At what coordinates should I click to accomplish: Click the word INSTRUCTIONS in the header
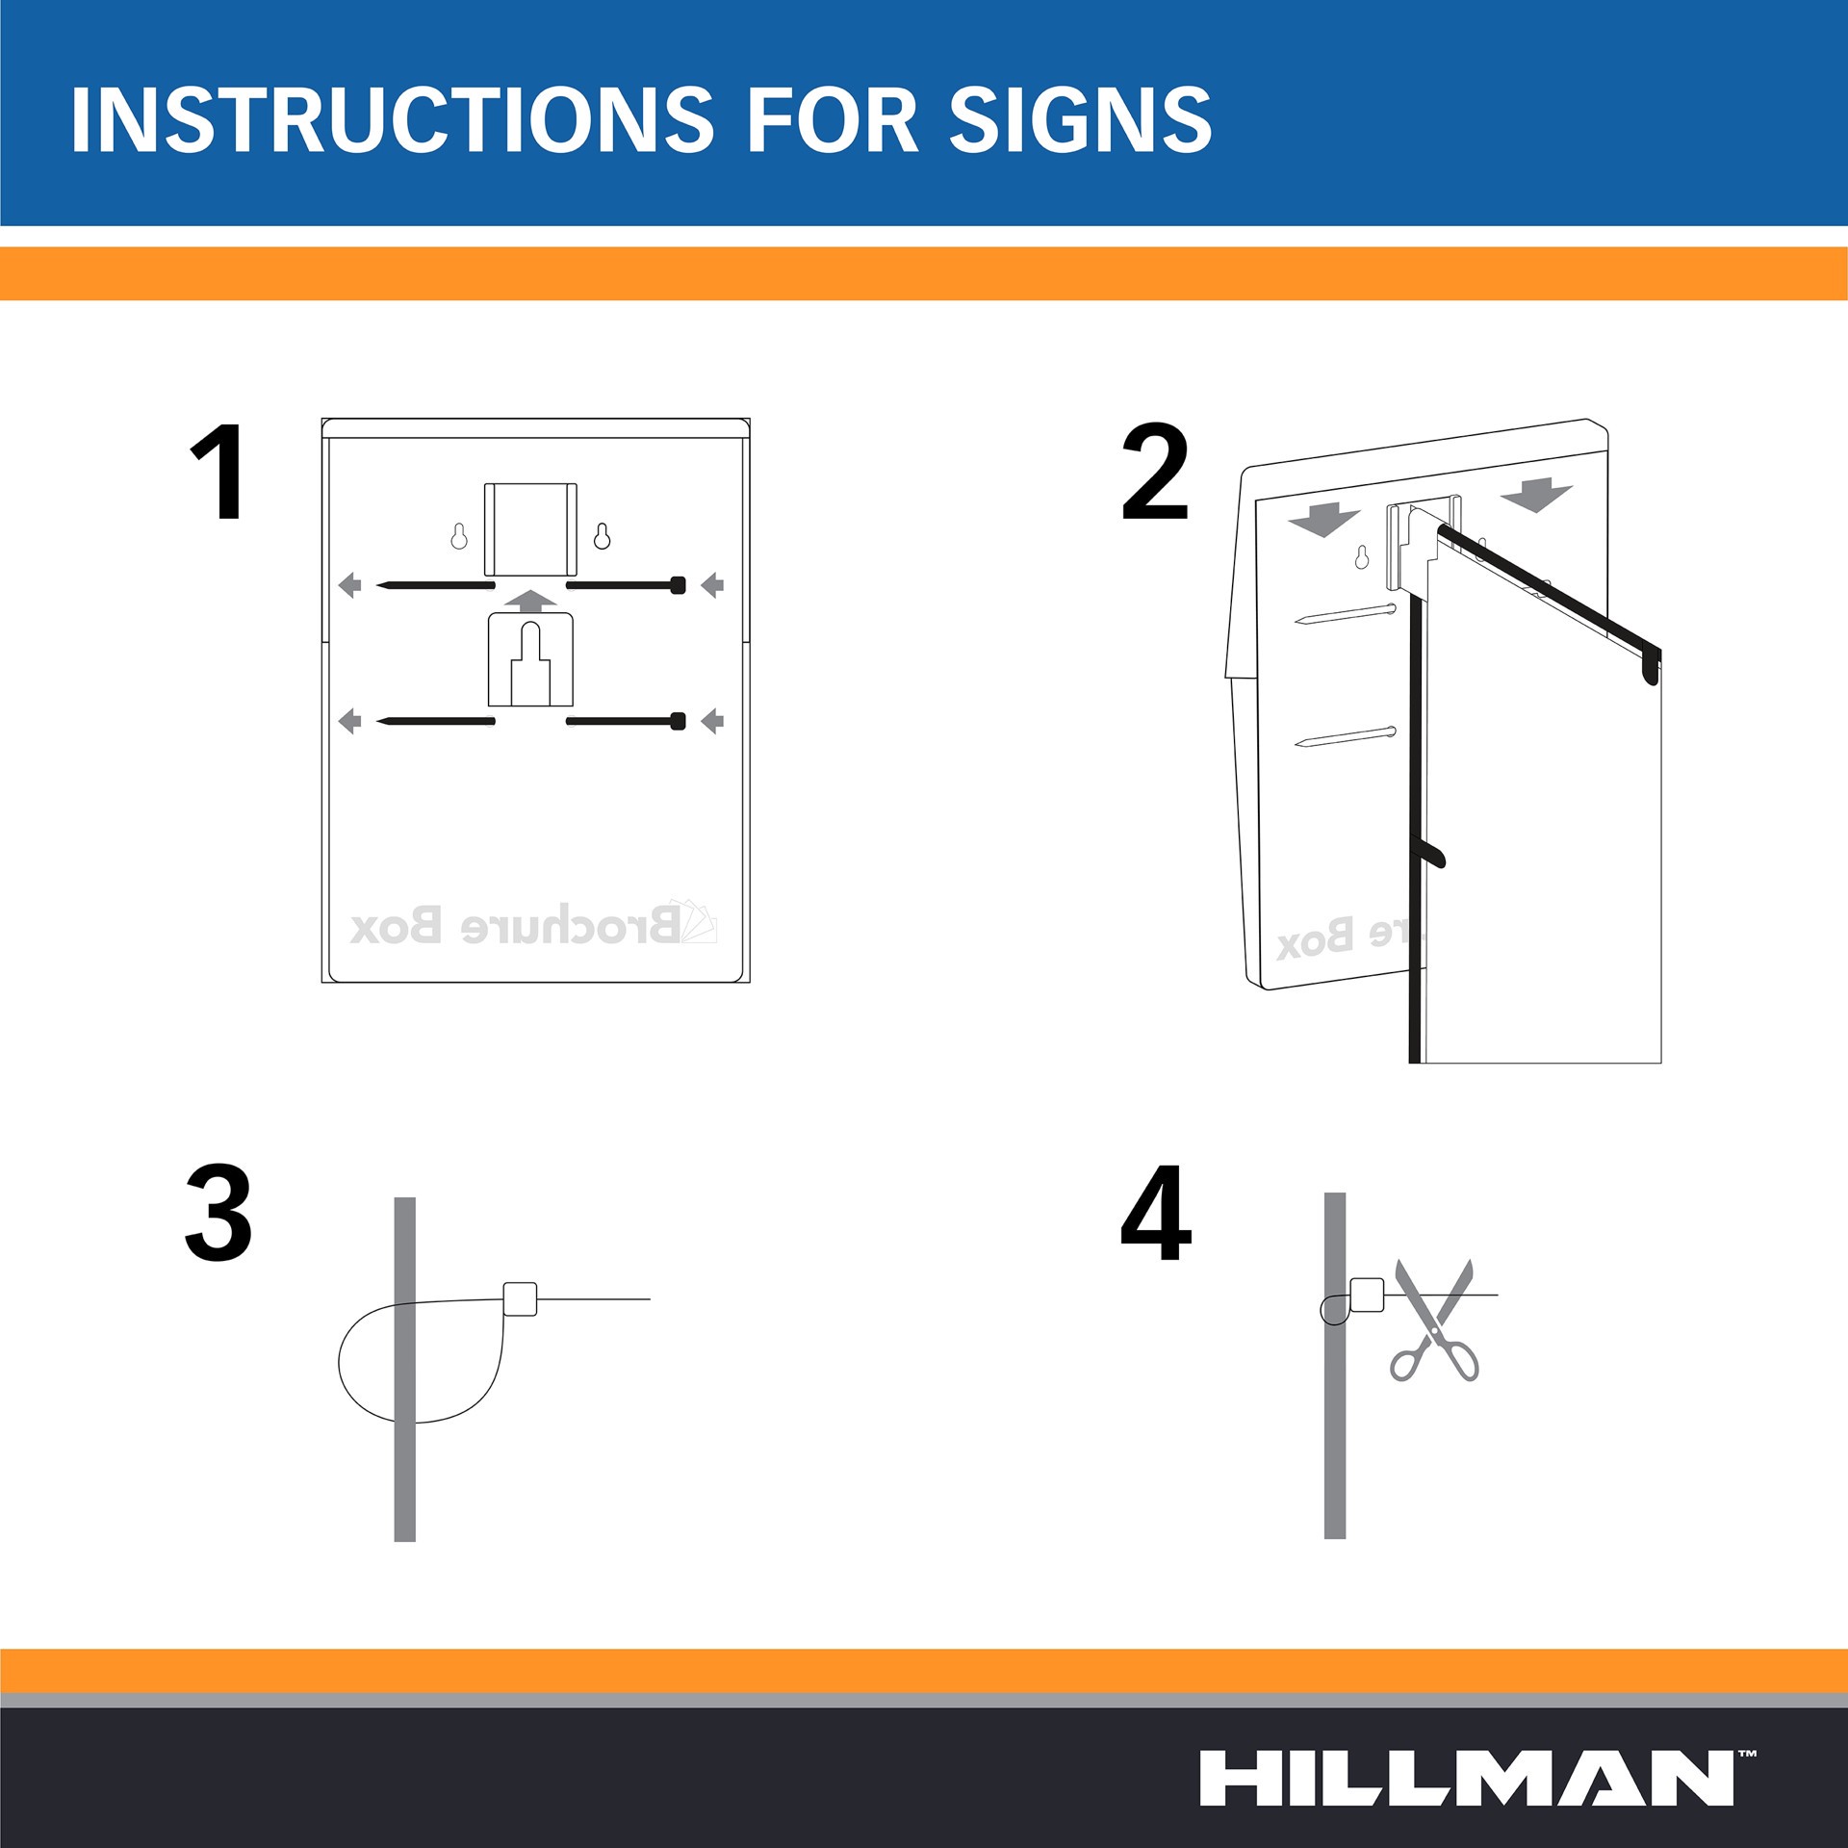[x=393, y=119]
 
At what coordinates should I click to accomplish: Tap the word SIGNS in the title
[x=1080, y=119]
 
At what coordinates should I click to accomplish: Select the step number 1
[x=218, y=473]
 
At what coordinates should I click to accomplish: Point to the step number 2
[x=1155, y=473]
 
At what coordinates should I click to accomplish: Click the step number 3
[x=218, y=1212]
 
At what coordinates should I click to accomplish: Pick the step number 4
[x=1156, y=1212]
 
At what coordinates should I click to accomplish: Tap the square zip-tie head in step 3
[x=520, y=1298]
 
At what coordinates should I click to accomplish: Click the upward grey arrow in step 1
[x=530, y=602]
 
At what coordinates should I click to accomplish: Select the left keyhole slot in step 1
[x=459, y=536]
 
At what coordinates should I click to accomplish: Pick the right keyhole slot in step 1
[x=602, y=536]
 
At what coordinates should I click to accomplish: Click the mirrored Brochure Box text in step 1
[x=534, y=924]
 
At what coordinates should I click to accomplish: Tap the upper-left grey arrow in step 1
[x=350, y=584]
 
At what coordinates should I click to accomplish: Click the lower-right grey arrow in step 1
[x=712, y=721]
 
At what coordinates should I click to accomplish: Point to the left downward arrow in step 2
[x=1323, y=520]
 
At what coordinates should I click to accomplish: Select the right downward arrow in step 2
[x=1536, y=495]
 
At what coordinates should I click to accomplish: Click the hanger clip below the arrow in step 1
[x=530, y=660]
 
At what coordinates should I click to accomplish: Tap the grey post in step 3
[x=405, y=1370]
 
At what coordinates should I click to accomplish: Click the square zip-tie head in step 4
[x=1368, y=1295]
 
